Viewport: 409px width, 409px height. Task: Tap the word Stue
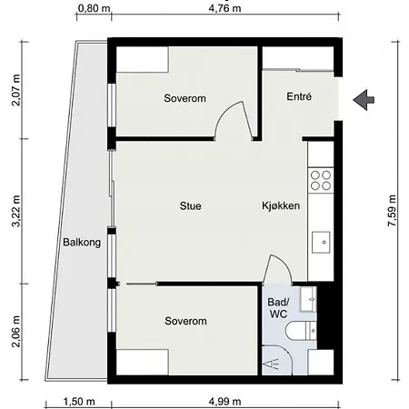(x=190, y=206)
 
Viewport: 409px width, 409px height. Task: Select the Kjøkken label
(x=281, y=206)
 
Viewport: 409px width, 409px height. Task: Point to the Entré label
(x=299, y=96)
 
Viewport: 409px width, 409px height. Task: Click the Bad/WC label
(x=277, y=307)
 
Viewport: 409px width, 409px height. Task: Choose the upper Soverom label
(x=185, y=97)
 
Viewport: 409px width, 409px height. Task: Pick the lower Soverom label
(x=185, y=322)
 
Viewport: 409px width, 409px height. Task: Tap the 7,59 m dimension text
(x=393, y=210)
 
